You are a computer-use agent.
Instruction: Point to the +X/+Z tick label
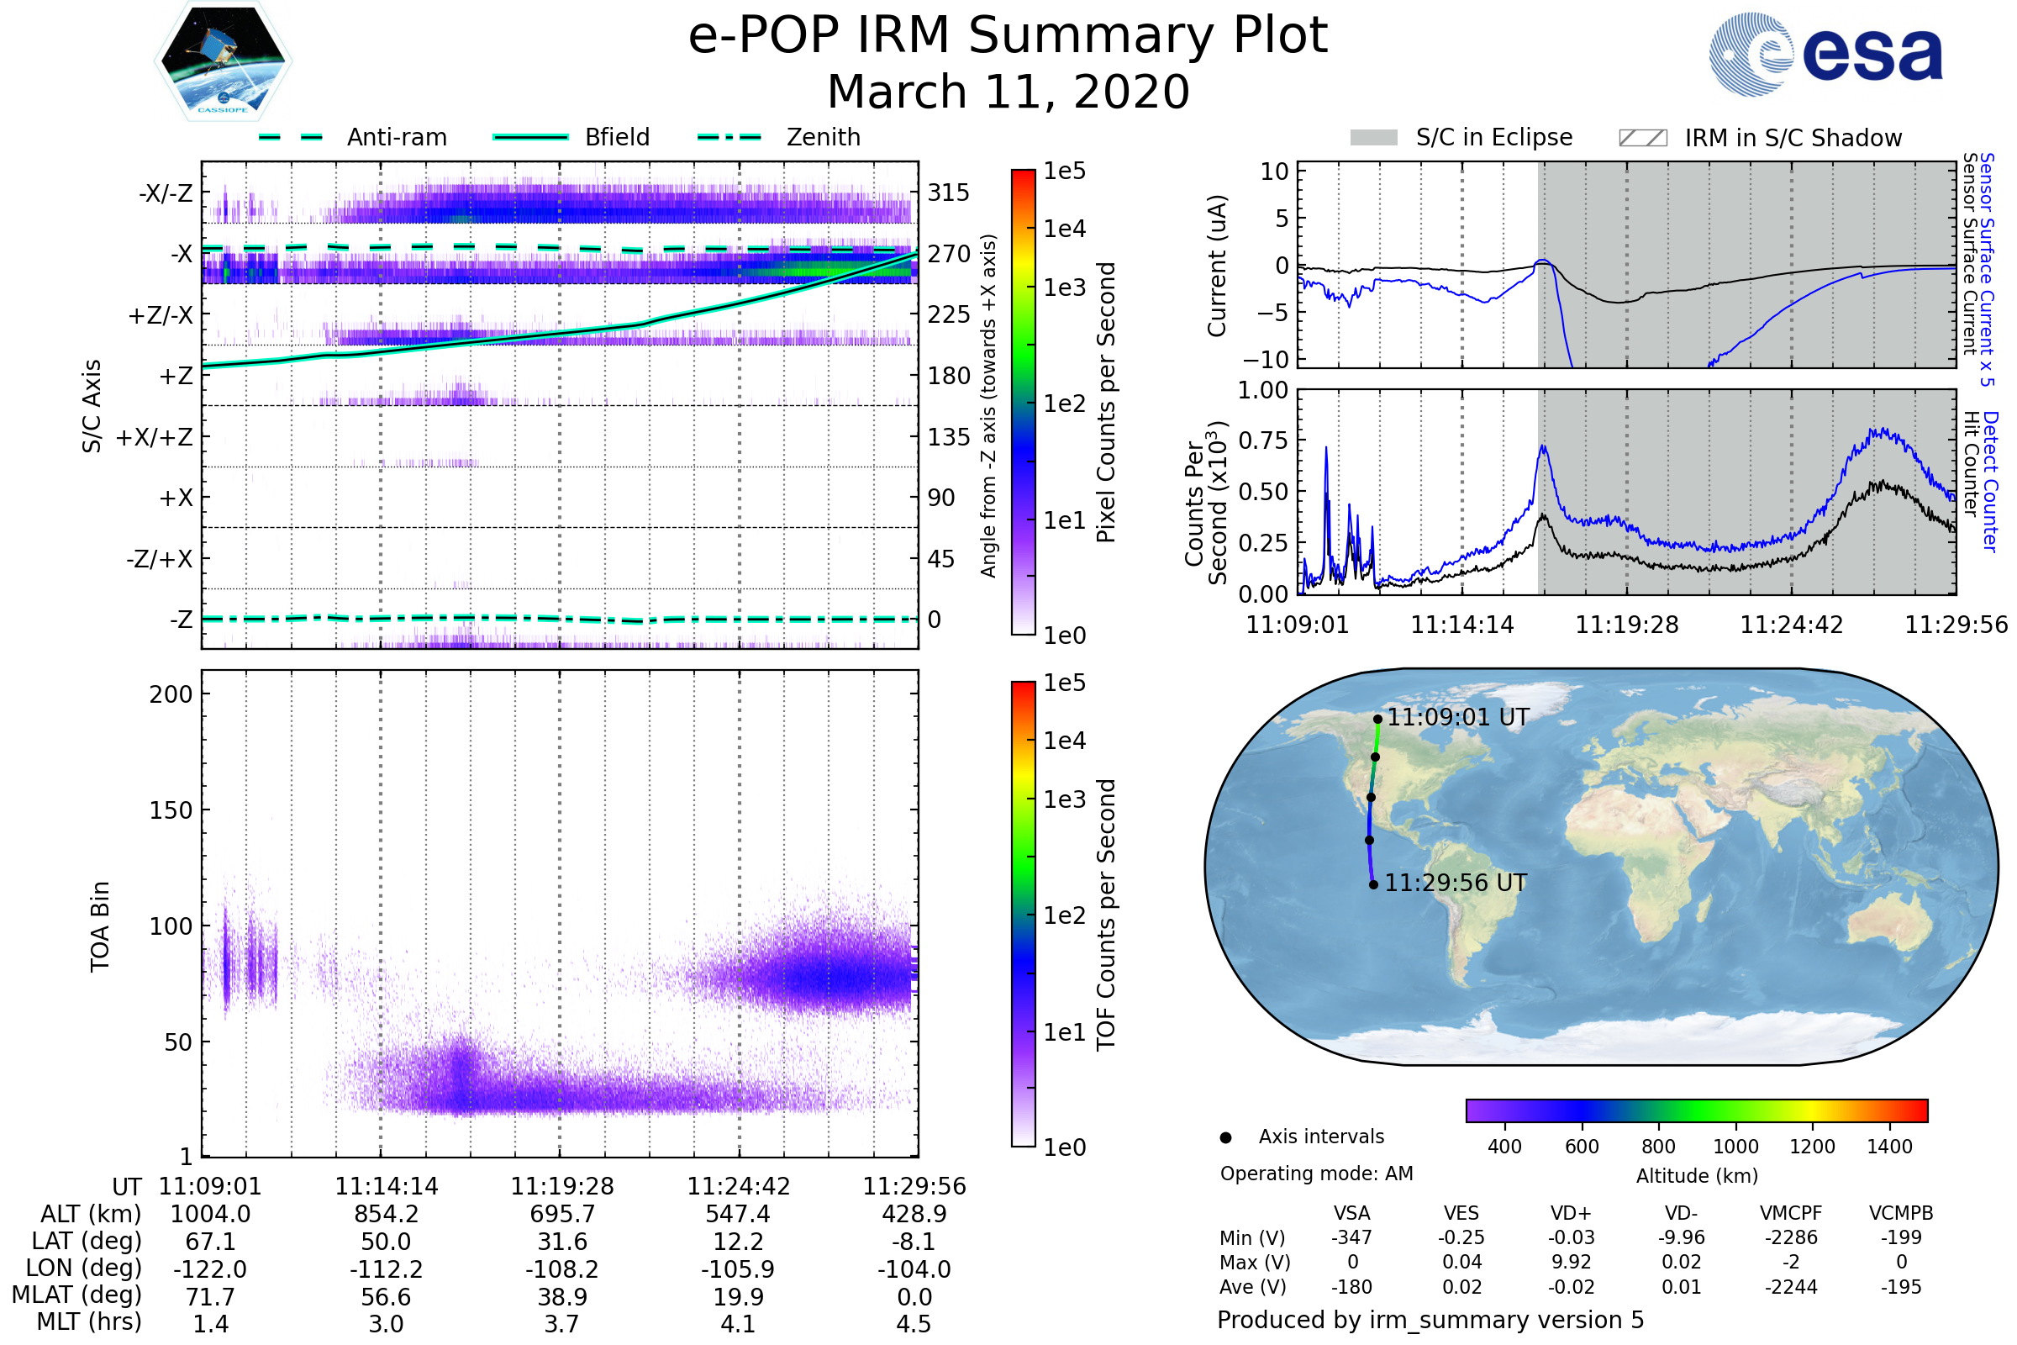coord(155,437)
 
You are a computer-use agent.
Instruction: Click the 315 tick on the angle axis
coord(948,193)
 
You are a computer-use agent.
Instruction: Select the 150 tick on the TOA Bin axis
coord(171,810)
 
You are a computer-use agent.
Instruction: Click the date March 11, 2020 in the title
coord(1008,92)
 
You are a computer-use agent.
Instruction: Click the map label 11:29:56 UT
coord(1456,883)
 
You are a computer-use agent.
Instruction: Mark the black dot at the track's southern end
coord(1373,884)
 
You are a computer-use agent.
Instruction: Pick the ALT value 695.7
coord(561,1214)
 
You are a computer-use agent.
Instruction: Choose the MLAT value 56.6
coord(386,1297)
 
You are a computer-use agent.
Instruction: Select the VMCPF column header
coord(1791,1213)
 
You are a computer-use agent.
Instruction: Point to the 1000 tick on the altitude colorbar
coord(1735,1147)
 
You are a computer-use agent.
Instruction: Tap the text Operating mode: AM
coord(1316,1174)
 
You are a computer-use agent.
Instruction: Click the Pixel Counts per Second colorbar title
coord(1106,402)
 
